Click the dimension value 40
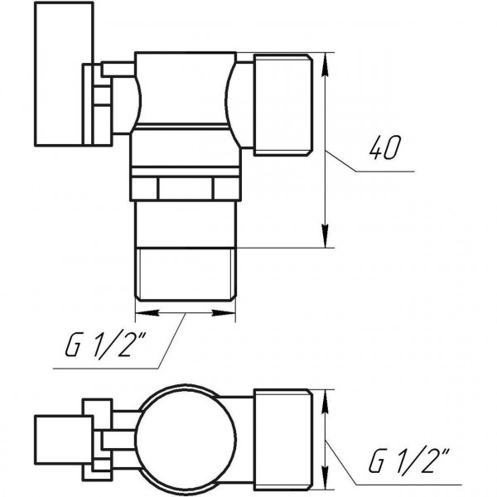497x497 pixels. click(x=382, y=149)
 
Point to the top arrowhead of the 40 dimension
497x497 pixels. click(x=326, y=60)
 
